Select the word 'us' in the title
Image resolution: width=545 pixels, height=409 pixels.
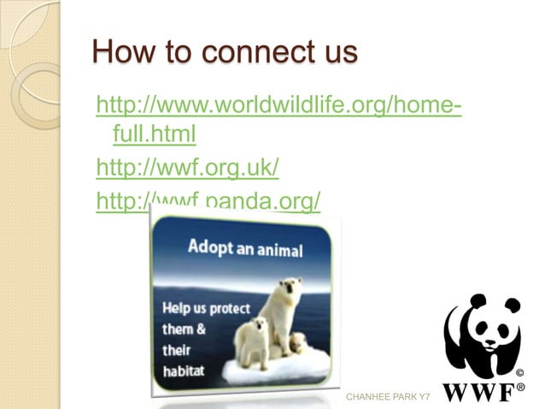click(x=333, y=53)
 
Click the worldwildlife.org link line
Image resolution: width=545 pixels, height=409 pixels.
click(x=280, y=108)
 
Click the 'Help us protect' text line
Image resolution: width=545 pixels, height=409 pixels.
click(x=206, y=307)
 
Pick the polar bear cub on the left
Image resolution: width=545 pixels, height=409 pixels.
click(x=253, y=341)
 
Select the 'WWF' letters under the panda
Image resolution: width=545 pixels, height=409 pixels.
click(x=478, y=392)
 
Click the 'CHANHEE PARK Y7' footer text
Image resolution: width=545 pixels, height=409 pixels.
click(x=387, y=398)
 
